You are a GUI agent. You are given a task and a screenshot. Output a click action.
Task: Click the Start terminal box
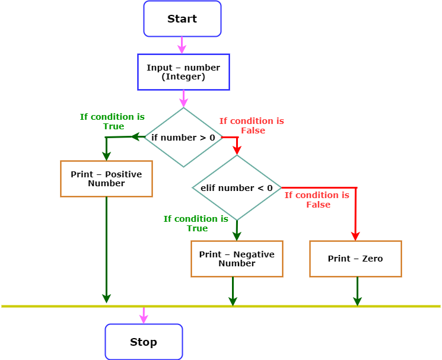(x=182, y=19)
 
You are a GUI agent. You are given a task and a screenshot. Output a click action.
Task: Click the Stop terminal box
(x=144, y=342)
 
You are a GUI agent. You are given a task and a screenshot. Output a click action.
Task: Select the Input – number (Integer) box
(x=183, y=72)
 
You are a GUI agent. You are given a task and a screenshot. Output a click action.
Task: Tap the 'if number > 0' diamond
(x=183, y=138)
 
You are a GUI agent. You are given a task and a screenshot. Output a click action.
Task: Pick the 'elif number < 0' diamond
(x=237, y=188)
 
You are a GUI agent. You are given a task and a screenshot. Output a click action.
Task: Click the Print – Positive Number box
(x=106, y=179)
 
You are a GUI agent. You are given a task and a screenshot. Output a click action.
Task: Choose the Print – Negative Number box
(x=237, y=259)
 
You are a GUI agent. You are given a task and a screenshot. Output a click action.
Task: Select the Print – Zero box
(x=355, y=259)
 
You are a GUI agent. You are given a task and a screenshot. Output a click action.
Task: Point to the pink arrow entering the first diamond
(x=183, y=99)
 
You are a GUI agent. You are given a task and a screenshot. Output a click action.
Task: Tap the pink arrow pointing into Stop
(x=144, y=316)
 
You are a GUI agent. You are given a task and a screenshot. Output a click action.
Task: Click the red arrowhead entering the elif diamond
(x=237, y=149)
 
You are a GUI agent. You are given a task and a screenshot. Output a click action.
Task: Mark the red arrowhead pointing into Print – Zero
(x=355, y=235)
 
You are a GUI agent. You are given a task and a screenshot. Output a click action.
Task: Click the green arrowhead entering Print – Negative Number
(x=237, y=235)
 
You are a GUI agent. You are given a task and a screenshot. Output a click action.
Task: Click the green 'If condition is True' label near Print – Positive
(x=112, y=122)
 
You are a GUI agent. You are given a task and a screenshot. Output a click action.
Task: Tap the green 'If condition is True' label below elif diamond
(x=196, y=224)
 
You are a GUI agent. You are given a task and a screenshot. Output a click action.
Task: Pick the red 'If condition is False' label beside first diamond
(x=252, y=126)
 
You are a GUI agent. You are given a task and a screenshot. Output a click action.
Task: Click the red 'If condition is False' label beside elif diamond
(x=317, y=200)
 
